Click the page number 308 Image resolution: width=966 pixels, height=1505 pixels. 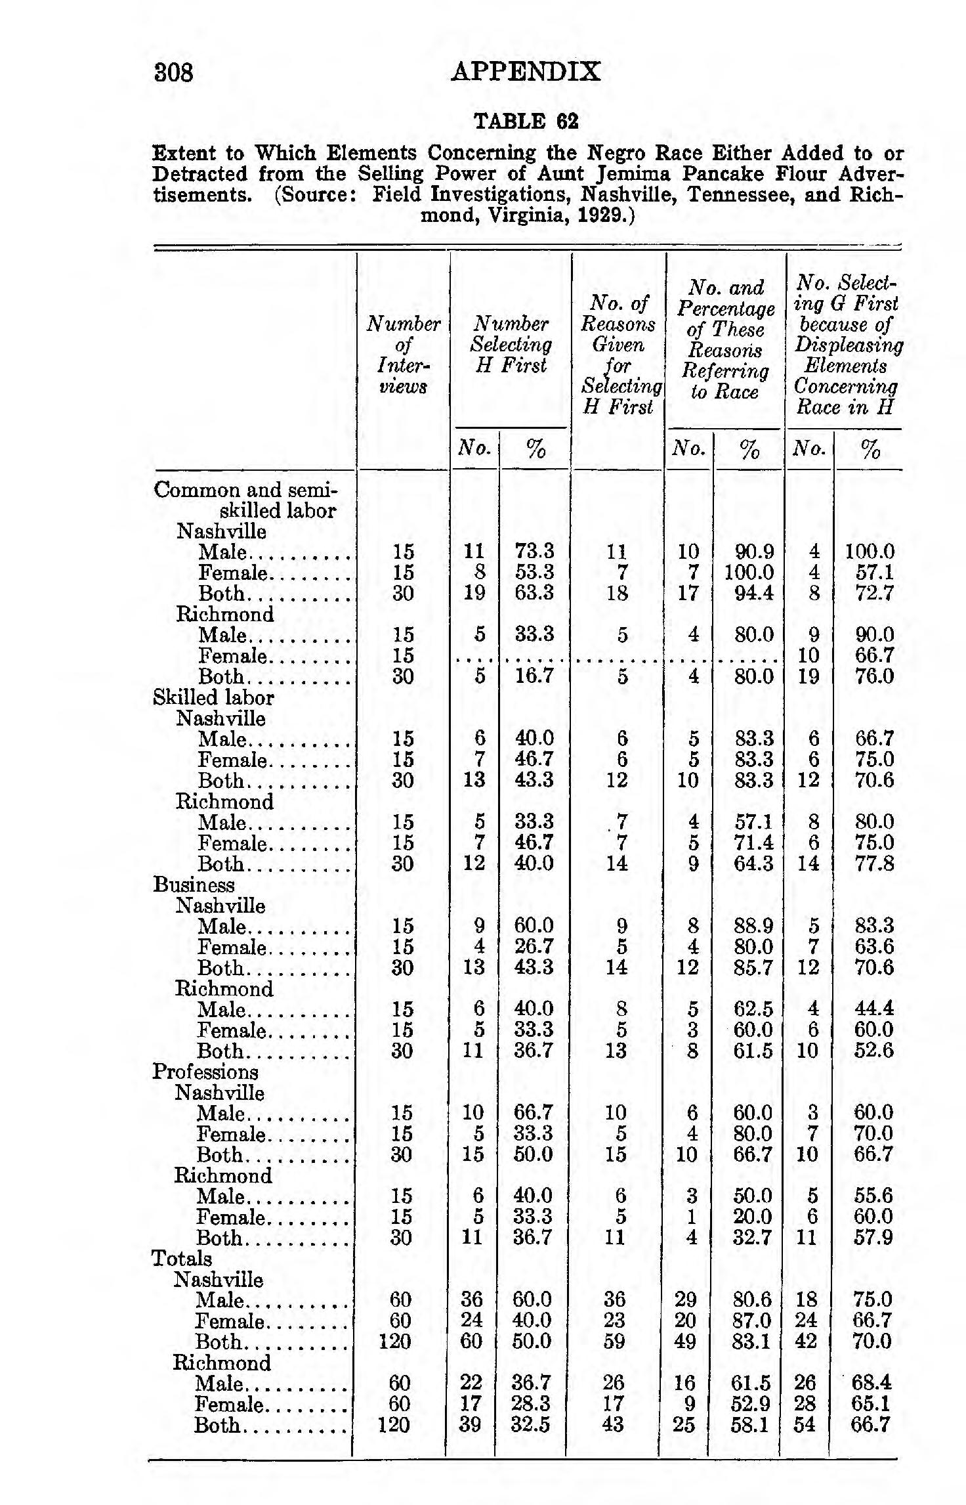pyautogui.click(x=174, y=72)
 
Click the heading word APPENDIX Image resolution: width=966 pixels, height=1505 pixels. pyautogui.click(x=526, y=72)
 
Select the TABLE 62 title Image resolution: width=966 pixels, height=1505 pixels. pyautogui.click(x=526, y=121)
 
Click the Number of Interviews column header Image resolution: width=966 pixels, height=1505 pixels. pyautogui.click(x=403, y=355)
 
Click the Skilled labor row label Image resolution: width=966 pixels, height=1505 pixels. pyautogui.click(x=213, y=697)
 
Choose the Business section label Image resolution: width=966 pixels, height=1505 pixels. pyautogui.click(x=194, y=884)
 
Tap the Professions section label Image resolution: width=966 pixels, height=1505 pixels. pyautogui.click(x=205, y=1072)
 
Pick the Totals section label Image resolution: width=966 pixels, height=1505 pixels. pyautogui.click(x=182, y=1259)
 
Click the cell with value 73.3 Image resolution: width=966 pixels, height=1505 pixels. pyautogui.click(x=534, y=551)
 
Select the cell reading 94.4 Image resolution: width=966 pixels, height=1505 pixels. pyautogui.click(x=753, y=593)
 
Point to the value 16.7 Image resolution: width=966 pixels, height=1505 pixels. pyautogui.click(x=534, y=676)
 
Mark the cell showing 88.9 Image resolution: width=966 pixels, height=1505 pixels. pyautogui.click(x=753, y=926)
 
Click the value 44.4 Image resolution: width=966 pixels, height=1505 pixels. pyautogui.click(x=873, y=1009)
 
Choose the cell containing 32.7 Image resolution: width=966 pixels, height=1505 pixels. pyautogui.click(x=752, y=1238)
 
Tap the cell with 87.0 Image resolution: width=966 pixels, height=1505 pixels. pyautogui.click(x=751, y=1320)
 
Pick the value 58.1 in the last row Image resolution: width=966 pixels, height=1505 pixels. pyautogui.click(x=751, y=1425)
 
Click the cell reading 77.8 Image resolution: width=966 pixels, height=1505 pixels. pyautogui.click(x=874, y=863)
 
